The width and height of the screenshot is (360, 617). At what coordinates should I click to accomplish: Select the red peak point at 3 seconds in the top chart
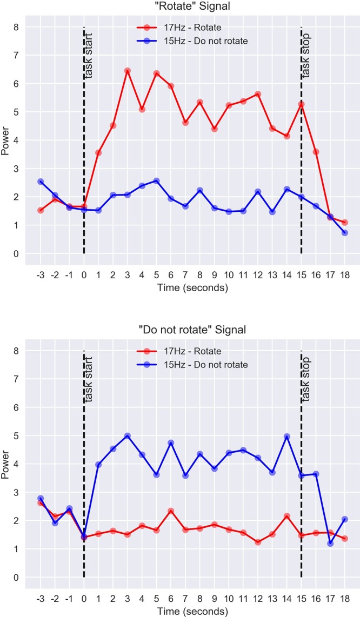pyautogui.click(x=128, y=71)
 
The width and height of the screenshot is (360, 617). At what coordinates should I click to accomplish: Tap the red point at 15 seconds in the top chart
pyautogui.click(x=301, y=104)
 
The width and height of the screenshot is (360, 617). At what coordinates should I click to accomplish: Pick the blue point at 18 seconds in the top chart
pyautogui.click(x=344, y=233)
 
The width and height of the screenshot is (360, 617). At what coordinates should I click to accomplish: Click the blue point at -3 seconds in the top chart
pyautogui.click(x=41, y=182)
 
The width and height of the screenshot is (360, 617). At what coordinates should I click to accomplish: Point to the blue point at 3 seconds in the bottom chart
pyautogui.click(x=128, y=436)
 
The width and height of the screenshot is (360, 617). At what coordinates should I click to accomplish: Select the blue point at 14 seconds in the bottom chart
pyautogui.click(x=287, y=437)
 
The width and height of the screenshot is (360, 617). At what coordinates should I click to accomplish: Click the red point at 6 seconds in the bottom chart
pyautogui.click(x=171, y=511)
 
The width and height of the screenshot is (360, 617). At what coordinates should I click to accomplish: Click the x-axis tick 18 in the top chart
pyautogui.click(x=344, y=273)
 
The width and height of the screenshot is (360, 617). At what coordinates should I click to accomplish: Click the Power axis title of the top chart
pyautogui.click(x=5, y=140)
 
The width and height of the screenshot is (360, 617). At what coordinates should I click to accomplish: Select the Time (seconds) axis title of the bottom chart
pyautogui.click(x=192, y=612)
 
